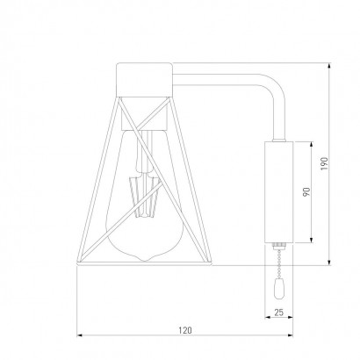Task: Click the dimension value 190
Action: click(x=324, y=164)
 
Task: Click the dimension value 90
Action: click(x=306, y=192)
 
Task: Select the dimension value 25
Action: click(x=279, y=313)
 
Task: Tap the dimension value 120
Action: click(x=185, y=330)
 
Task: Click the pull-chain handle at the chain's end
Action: click(x=278, y=289)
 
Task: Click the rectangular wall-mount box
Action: click(x=278, y=192)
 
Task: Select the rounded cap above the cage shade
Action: click(x=144, y=80)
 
